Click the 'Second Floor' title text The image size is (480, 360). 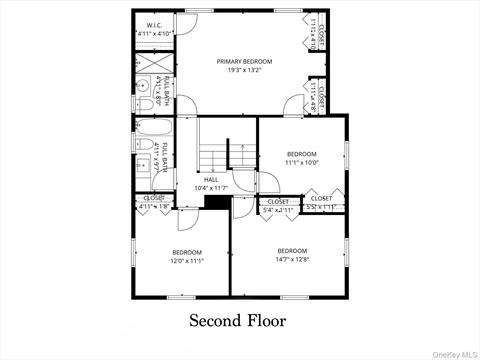coord(238,321)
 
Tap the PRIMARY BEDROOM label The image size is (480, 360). coord(244,61)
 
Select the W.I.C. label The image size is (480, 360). coord(154,25)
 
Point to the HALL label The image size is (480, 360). coord(211,180)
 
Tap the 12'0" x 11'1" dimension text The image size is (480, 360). coord(187,261)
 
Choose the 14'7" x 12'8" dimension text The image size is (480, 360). coord(292,259)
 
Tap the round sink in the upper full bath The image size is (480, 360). coord(142,84)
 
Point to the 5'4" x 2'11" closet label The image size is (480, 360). coord(278,206)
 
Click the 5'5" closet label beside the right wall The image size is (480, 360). coord(322,203)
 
